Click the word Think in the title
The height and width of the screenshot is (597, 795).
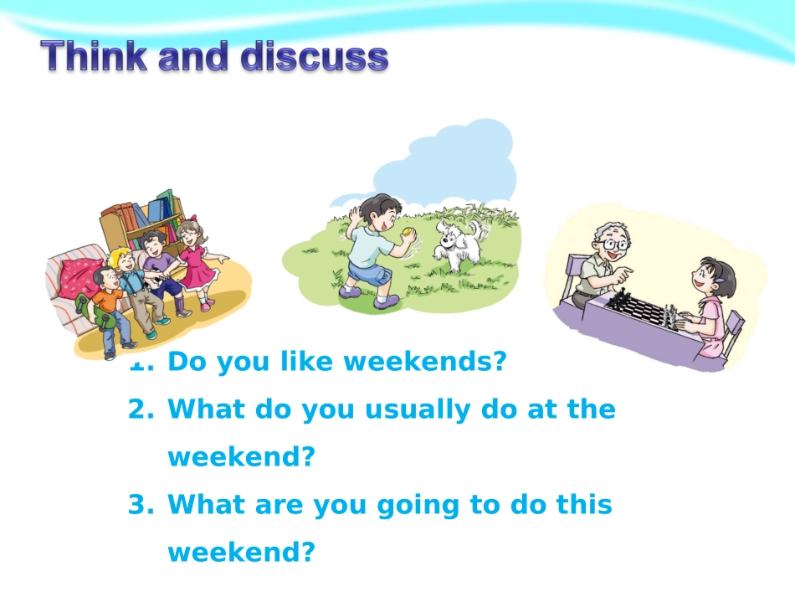click(95, 56)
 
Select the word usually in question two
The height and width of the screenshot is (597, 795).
click(417, 409)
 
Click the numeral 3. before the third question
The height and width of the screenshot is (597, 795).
click(141, 505)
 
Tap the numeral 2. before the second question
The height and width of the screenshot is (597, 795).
click(141, 409)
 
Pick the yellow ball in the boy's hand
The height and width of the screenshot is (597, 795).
click(408, 233)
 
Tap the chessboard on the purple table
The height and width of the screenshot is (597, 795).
click(640, 308)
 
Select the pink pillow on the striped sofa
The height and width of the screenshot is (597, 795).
click(80, 277)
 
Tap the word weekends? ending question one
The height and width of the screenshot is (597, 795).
click(425, 361)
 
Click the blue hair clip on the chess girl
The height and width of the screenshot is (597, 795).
click(721, 279)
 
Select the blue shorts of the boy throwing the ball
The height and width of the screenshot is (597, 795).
click(369, 278)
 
